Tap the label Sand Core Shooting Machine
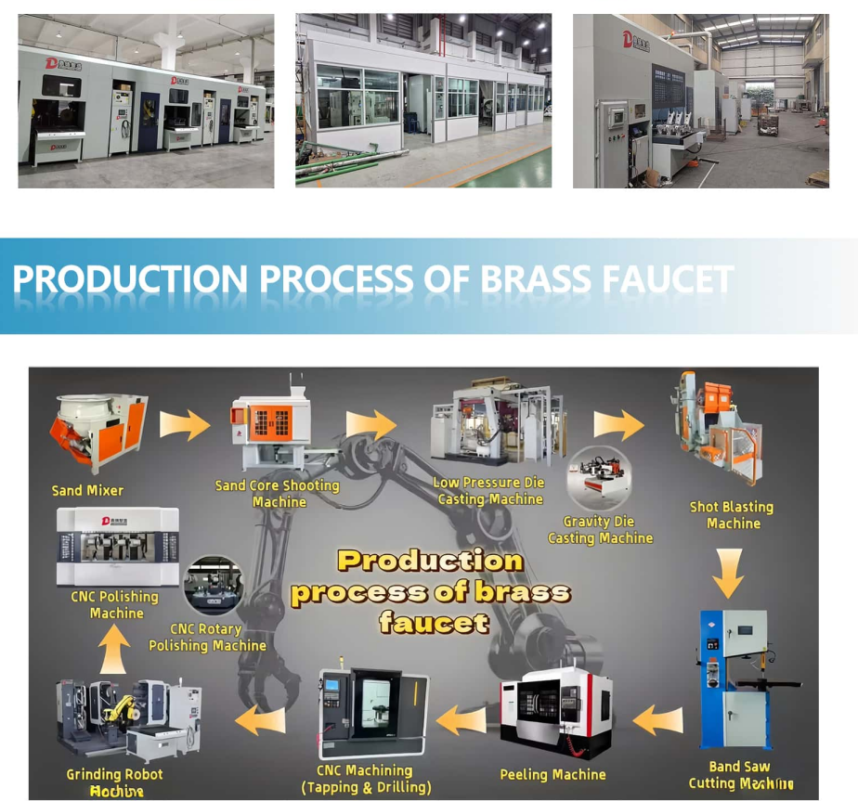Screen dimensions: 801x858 [278, 493]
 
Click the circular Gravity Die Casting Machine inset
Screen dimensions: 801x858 [600, 479]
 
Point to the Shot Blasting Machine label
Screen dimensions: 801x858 [732, 515]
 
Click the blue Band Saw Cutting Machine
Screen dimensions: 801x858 [733, 678]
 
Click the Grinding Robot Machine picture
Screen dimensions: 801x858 [126, 719]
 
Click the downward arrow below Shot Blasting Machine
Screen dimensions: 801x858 [728, 574]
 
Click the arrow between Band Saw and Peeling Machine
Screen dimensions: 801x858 [657, 720]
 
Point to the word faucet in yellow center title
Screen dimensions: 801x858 [434, 622]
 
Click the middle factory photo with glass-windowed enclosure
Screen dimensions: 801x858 [423, 100]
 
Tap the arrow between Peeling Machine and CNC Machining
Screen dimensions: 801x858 [461, 718]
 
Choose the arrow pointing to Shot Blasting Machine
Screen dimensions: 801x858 [618, 424]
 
